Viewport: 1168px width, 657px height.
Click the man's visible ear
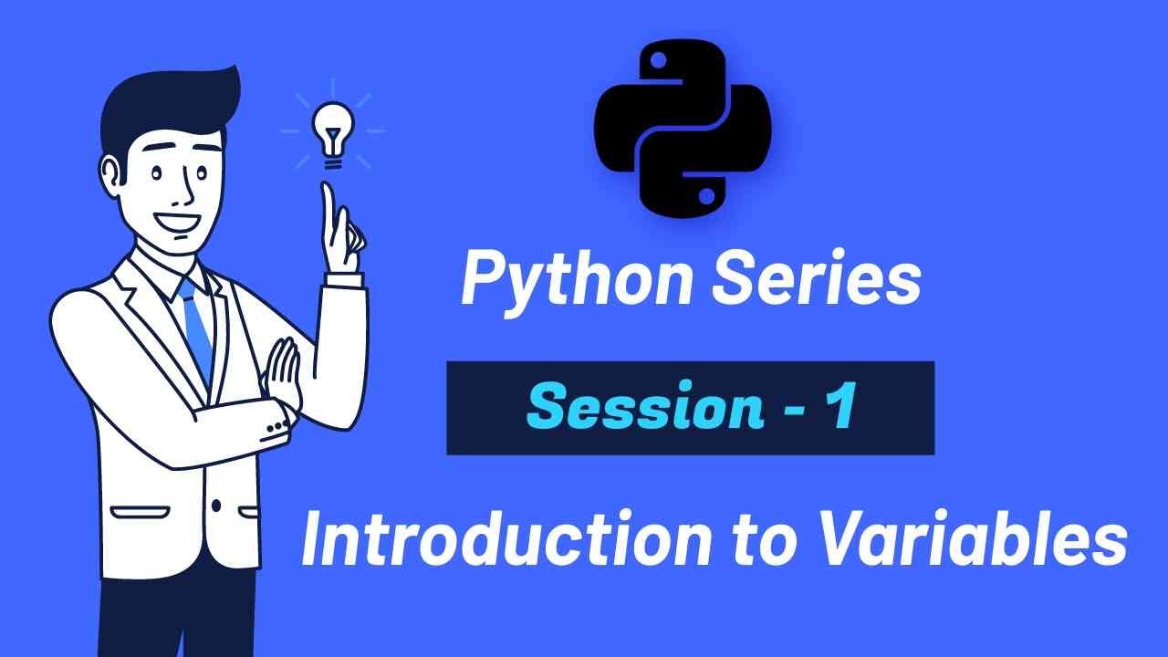[x=111, y=174]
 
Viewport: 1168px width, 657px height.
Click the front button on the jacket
[x=216, y=505]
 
